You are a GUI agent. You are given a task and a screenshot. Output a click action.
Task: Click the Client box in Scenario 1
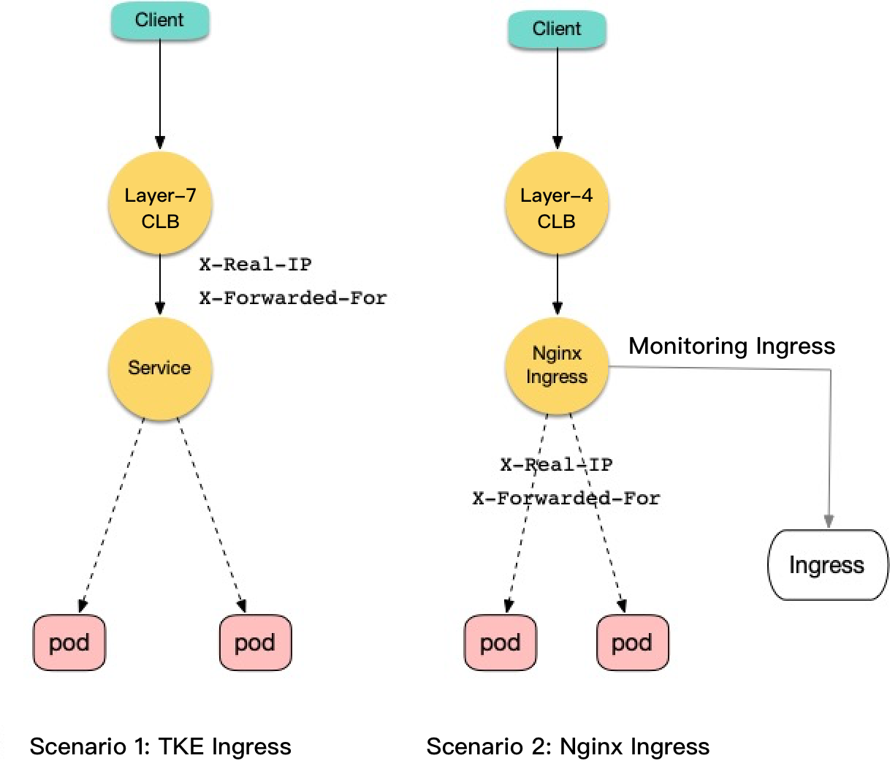point(160,20)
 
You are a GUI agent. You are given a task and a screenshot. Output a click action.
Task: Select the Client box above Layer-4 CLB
point(557,29)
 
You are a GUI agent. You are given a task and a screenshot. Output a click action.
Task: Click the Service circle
point(160,368)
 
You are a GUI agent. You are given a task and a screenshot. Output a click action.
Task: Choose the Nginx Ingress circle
point(557,365)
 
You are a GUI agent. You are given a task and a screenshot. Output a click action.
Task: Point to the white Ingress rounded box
point(827,565)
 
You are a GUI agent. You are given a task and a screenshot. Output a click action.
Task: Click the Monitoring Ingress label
point(731,346)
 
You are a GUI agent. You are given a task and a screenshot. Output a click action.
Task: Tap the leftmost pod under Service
point(69,643)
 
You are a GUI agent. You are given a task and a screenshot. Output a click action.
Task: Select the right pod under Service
point(255,643)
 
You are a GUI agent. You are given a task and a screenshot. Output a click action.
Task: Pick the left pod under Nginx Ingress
point(501,643)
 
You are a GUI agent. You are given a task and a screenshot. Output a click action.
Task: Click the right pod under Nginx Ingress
point(632,643)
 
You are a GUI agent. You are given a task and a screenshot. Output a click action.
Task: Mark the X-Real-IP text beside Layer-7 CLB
point(256,264)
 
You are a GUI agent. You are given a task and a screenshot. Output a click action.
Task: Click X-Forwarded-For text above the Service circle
point(293,298)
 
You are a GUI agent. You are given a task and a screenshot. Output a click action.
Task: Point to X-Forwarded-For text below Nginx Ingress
point(566,499)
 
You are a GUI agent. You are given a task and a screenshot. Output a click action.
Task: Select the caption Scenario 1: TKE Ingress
point(160,746)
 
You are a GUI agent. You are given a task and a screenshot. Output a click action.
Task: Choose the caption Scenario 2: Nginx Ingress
point(568,746)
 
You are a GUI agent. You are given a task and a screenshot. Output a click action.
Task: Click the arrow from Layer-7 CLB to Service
point(160,285)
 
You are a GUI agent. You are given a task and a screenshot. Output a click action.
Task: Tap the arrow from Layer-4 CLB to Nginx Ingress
point(557,285)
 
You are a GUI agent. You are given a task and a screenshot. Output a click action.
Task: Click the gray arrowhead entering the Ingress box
point(829,520)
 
